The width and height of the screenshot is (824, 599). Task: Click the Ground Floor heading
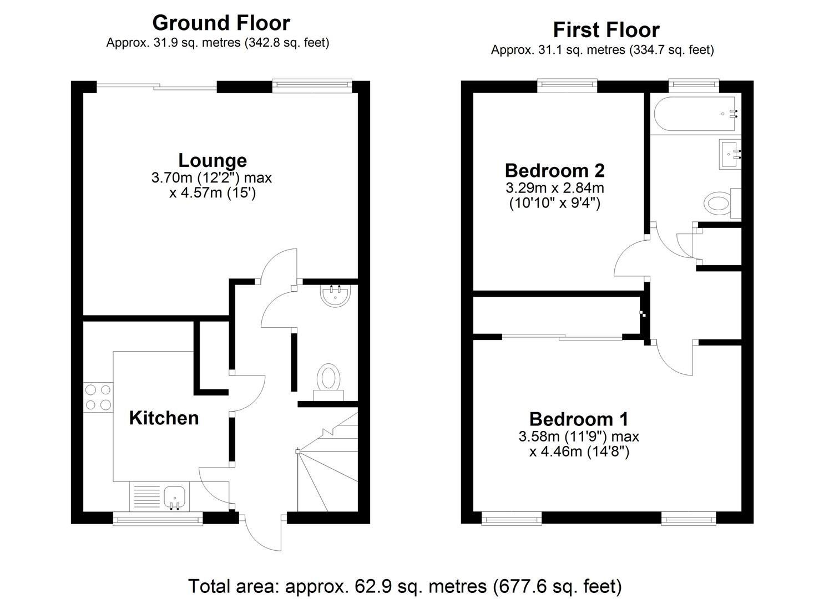[221, 23]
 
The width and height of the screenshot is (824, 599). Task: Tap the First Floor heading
[606, 30]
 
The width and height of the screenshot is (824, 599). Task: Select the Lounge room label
[213, 160]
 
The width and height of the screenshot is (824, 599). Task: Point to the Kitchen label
[164, 418]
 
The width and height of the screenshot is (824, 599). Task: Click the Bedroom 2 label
[555, 171]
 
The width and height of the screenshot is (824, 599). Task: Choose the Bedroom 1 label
[579, 419]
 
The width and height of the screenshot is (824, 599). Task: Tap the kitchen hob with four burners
[98, 398]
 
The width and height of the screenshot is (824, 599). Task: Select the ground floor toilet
[328, 382]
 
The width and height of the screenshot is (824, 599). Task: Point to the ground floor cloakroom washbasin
[336, 295]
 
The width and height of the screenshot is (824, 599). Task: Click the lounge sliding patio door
[156, 87]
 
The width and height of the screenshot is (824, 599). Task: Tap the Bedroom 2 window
[567, 85]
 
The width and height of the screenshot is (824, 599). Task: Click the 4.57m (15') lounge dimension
[213, 192]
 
